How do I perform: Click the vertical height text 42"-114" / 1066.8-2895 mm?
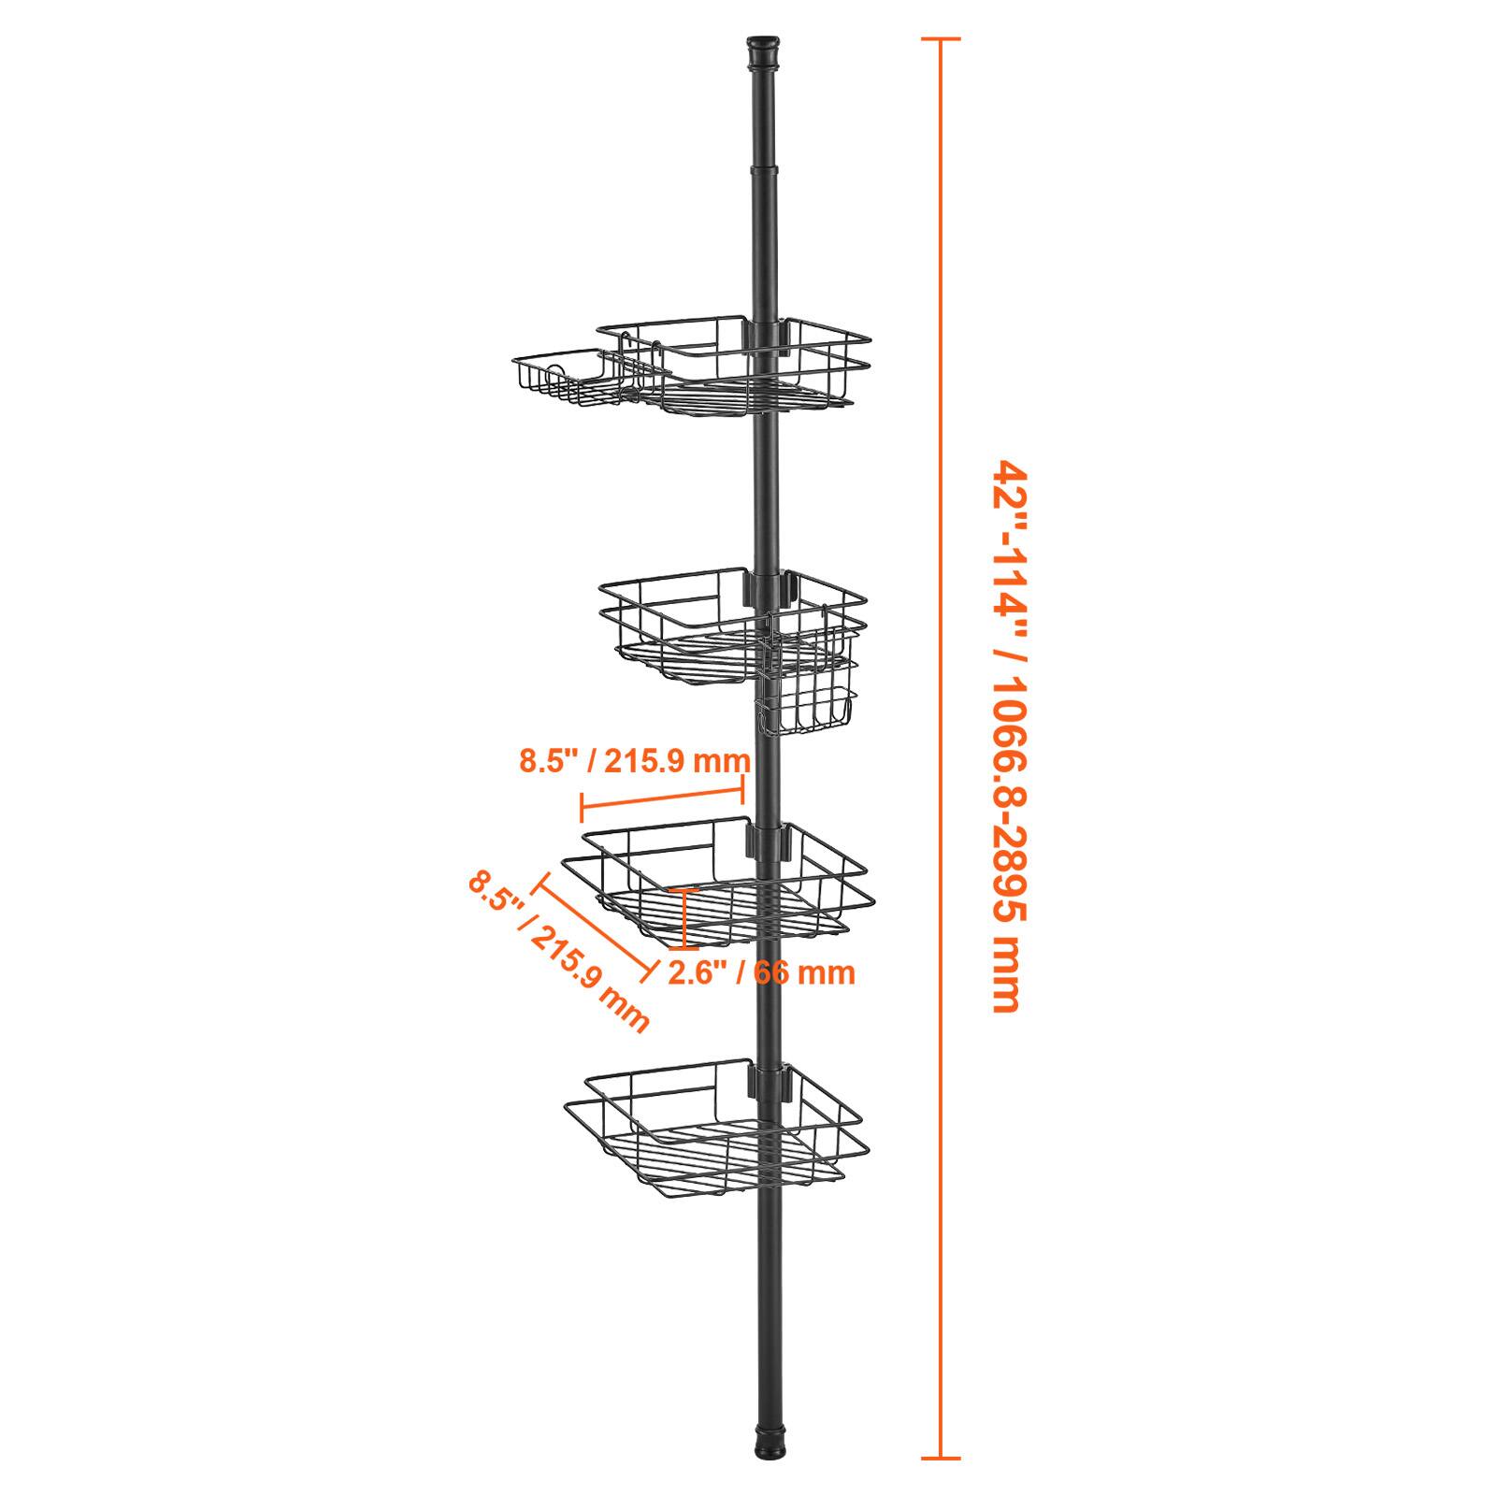click(x=1002, y=736)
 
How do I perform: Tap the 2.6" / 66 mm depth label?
click(x=761, y=972)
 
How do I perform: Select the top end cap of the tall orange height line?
click(x=941, y=38)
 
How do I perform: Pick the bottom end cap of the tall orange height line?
click(x=941, y=1457)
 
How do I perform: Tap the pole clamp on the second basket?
click(x=767, y=586)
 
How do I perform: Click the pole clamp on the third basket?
click(x=767, y=840)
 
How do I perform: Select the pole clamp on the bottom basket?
click(x=767, y=1081)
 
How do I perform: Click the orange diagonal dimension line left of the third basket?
click(x=593, y=927)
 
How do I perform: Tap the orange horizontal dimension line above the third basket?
click(x=663, y=800)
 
